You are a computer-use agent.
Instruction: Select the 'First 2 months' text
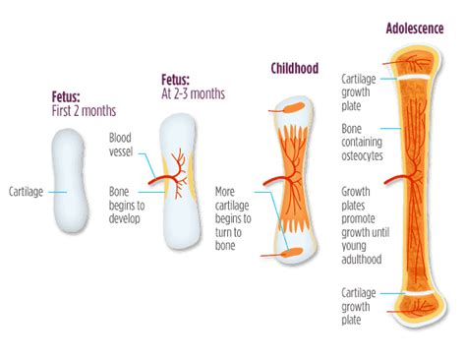tap(85, 111)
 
